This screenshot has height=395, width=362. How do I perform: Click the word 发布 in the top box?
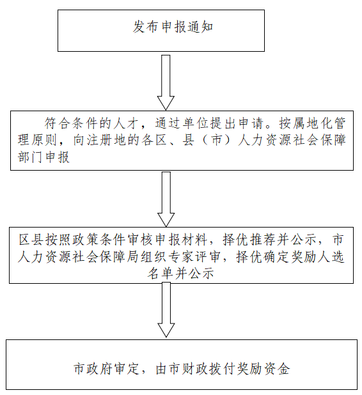tap(146, 27)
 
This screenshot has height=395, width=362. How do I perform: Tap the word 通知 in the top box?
tap(200, 27)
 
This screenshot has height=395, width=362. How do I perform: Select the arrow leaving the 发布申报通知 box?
tap(166, 82)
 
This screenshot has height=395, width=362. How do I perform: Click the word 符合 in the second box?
tap(58, 123)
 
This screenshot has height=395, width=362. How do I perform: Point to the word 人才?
tap(127, 123)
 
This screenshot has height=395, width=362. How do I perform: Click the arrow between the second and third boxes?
tap(166, 199)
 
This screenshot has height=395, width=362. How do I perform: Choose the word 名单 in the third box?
tap(161, 273)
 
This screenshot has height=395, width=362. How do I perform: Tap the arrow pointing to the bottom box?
tap(166, 309)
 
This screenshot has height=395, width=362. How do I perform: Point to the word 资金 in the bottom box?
tap(277, 369)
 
